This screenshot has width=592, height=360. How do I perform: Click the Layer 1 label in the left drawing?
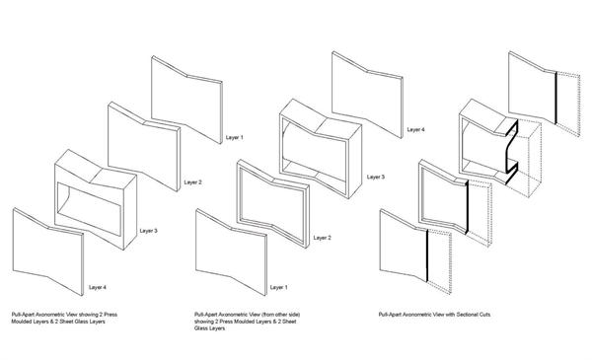[x=235, y=138]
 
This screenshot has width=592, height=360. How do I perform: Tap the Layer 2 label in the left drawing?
[x=193, y=182]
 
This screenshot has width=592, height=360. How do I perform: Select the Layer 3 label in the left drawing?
[x=148, y=231]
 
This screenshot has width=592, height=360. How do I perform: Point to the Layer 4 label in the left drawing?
[x=98, y=288]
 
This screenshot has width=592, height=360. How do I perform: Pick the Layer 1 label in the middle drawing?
[x=278, y=288]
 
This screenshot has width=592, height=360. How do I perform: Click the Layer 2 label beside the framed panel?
[x=322, y=238]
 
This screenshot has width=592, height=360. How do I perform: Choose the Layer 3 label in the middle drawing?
[x=376, y=177]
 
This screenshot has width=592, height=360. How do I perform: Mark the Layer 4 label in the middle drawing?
[x=415, y=130]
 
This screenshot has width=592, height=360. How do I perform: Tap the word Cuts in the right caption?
[x=485, y=315]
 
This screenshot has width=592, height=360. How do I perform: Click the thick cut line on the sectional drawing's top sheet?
[x=555, y=98]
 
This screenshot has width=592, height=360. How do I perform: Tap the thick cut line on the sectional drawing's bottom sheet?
[x=427, y=255]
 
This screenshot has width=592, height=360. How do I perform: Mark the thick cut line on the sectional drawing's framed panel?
[x=467, y=206]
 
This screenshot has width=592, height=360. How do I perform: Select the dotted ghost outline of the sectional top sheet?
[x=568, y=103]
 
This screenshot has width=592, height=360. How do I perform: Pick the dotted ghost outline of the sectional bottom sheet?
[x=439, y=261]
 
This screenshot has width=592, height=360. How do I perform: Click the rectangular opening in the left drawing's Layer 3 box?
[x=90, y=209]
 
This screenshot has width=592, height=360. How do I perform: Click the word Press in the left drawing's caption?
[x=111, y=315]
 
